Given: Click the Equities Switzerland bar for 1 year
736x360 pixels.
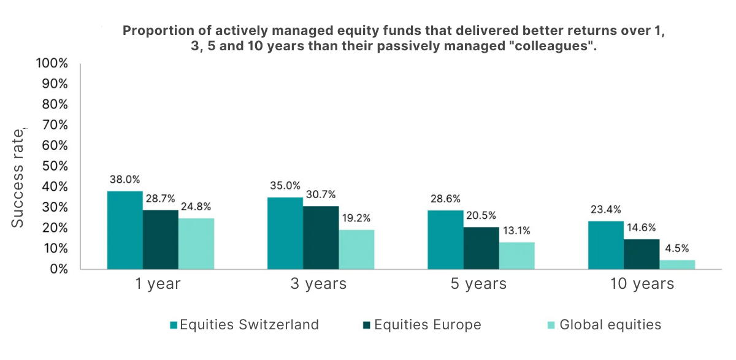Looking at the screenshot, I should (x=125, y=230).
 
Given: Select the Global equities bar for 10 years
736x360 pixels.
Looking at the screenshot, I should (x=677, y=264).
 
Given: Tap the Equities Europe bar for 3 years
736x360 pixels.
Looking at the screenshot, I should (x=321, y=237).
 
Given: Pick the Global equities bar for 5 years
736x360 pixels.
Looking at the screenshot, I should (x=516, y=255).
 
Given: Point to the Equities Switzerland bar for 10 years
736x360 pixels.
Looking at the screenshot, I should (x=606, y=245).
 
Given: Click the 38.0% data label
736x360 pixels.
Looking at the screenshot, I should (x=125, y=180).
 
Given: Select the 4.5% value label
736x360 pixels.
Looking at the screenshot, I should (x=677, y=248).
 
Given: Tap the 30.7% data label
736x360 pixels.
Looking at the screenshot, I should (x=321, y=194).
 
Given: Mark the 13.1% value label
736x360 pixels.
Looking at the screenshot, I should (x=516, y=231).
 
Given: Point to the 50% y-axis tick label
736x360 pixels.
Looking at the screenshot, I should (x=54, y=166).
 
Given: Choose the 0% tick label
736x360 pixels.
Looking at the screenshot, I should (x=58, y=269).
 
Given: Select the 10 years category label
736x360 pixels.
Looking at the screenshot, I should (x=642, y=284).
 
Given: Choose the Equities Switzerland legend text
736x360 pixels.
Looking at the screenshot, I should (x=249, y=324).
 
